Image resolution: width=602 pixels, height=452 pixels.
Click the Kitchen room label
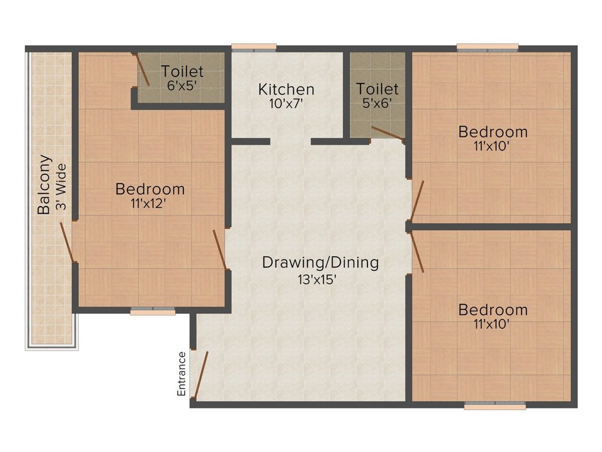[286, 89]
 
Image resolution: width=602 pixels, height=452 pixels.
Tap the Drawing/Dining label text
[320, 262]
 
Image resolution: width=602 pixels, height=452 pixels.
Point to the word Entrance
[182, 373]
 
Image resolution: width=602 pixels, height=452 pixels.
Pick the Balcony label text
[44, 184]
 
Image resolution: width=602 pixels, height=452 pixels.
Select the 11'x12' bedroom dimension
[150, 205]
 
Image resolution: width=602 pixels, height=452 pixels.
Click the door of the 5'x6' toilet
[387, 134]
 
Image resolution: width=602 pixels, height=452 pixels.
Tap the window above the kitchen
[253, 47]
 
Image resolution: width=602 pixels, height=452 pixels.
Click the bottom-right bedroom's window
[494, 406]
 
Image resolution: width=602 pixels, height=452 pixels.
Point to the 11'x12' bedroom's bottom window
[153, 311]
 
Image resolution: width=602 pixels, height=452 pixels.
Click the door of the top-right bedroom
[417, 200]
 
